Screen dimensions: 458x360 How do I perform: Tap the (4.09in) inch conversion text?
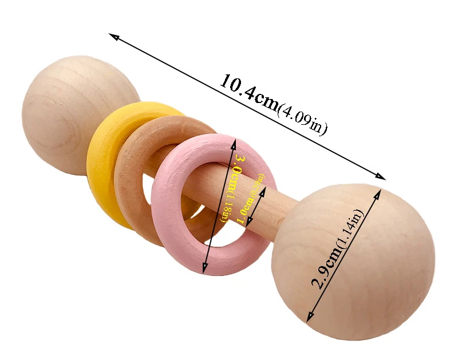302,119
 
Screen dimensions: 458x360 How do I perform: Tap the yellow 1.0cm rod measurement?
247,206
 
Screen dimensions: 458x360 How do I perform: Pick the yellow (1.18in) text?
228,209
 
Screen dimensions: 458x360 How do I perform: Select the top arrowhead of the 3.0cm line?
235,140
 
